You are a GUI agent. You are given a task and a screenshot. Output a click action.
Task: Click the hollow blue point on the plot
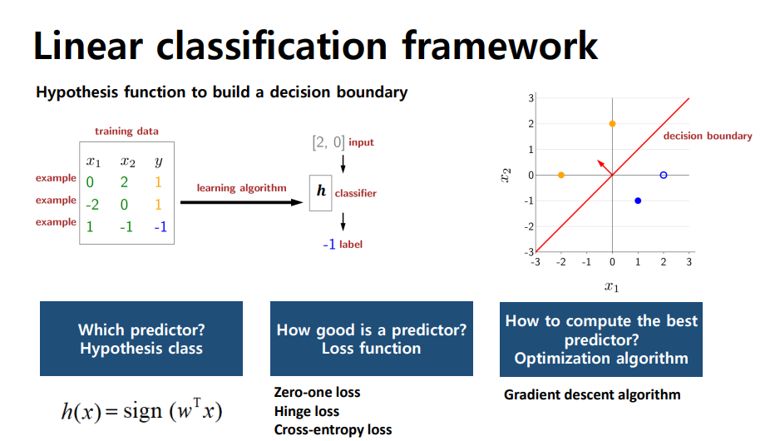click(663, 176)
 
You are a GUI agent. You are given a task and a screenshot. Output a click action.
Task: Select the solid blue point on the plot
click(638, 201)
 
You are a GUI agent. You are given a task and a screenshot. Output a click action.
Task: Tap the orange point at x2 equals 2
click(612, 124)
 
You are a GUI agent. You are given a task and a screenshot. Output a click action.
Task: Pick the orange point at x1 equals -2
click(561, 176)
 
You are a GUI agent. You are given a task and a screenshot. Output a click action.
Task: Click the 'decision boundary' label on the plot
click(708, 136)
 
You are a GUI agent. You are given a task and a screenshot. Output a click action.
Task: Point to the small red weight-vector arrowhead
click(600, 163)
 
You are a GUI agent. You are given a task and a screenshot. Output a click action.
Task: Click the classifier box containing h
click(320, 193)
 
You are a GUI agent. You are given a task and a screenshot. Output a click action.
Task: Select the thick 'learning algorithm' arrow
click(242, 202)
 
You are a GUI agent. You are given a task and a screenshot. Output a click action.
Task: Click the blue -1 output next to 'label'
click(328, 245)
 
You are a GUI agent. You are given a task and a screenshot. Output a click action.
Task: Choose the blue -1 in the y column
click(160, 227)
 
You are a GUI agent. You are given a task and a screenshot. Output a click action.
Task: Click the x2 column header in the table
click(128, 161)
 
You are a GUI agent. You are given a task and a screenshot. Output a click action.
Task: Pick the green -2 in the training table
click(92, 205)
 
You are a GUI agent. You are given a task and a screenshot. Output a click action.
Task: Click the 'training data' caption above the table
click(127, 131)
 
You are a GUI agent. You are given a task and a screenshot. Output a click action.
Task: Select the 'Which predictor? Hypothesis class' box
click(141, 339)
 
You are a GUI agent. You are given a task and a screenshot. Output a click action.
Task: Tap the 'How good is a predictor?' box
click(372, 339)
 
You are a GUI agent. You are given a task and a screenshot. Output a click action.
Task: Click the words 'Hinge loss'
click(306, 412)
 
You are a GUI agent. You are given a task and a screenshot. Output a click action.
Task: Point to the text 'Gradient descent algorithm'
click(592, 394)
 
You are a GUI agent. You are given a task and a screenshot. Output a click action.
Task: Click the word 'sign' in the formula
click(143, 412)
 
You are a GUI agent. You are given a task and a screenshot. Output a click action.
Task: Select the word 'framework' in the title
click(500, 46)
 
